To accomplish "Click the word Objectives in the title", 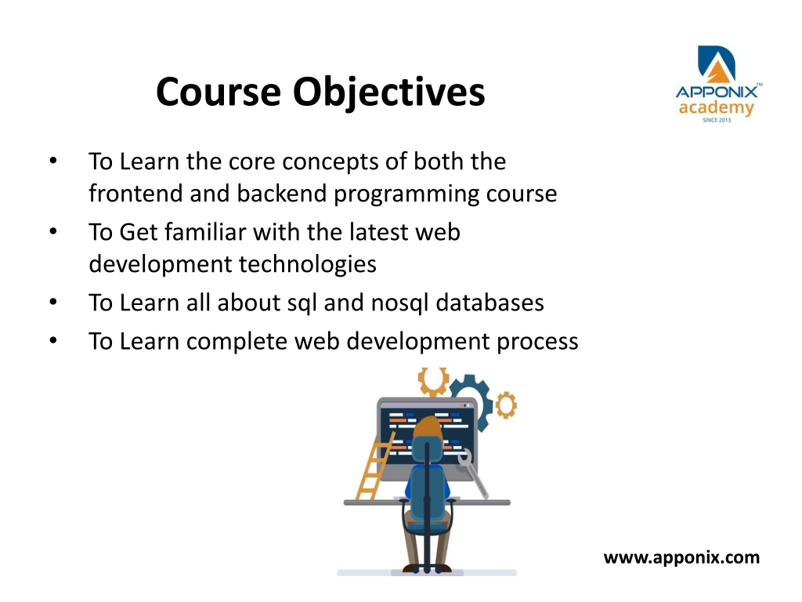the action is (388, 92).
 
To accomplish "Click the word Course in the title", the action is (219, 92).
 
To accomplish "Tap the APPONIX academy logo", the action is (718, 84).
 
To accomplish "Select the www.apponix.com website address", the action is (681, 557).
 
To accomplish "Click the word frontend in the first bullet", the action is (135, 194).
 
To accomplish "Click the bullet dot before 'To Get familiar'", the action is (53, 231).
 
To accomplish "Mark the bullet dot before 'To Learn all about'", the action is (53, 302).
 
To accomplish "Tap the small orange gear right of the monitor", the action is (506, 405).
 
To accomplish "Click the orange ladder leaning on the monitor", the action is (375, 466).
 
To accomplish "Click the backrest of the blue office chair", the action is (427, 491).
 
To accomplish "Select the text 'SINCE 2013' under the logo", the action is (717, 120).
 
